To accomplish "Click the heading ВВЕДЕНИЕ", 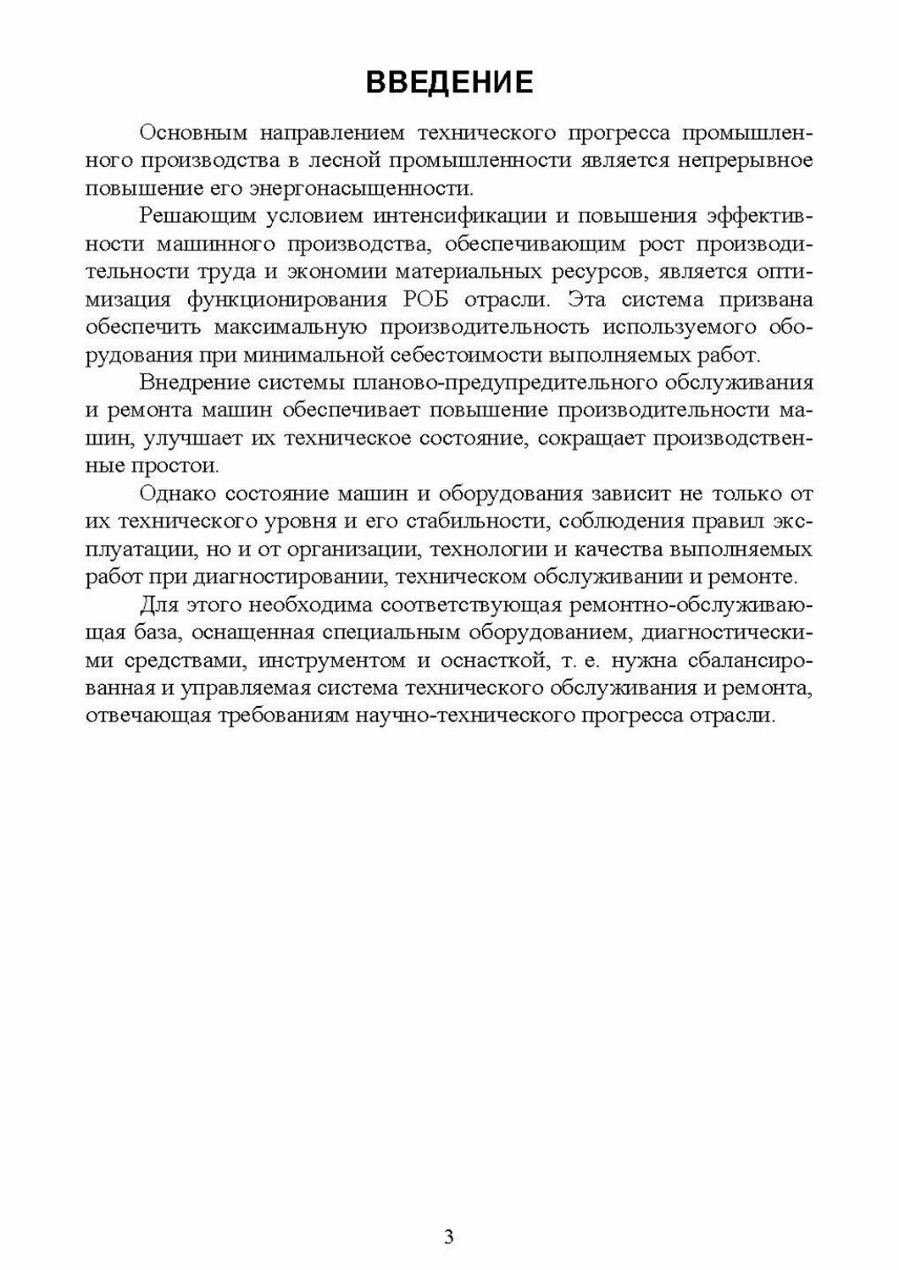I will pos(449,83).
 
